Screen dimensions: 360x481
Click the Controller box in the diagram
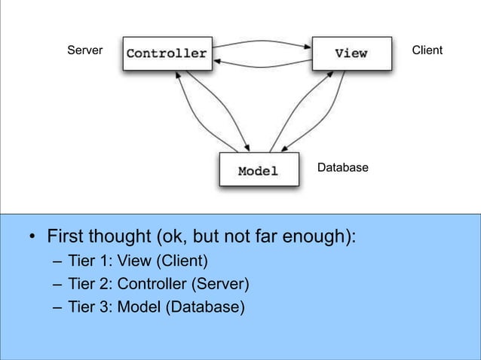click(x=167, y=53)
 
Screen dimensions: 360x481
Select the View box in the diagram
click(x=351, y=53)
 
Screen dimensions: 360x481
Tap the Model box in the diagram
click(x=258, y=171)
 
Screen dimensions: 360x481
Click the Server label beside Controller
click(x=84, y=50)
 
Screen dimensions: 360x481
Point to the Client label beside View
click(x=427, y=50)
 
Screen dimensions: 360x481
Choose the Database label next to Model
click(x=342, y=167)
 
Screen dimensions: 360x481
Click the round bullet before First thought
click(x=32, y=240)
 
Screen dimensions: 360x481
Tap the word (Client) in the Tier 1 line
click(x=182, y=262)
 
